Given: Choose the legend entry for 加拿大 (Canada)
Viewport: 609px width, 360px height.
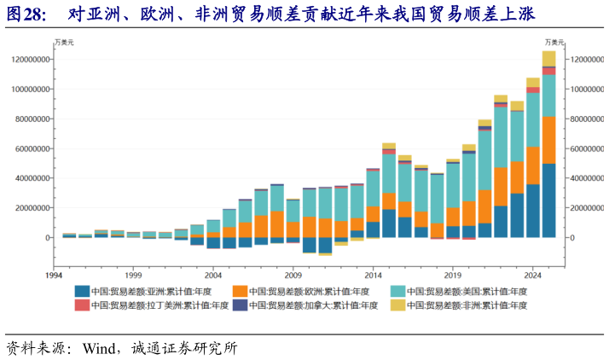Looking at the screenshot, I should [x=312, y=305].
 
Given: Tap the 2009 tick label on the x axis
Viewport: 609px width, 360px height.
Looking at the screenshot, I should [x=293, y=276].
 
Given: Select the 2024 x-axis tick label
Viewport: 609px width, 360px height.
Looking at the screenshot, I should [x=532, y=276].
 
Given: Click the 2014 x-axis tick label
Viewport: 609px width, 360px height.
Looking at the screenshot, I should [x=374, y=276].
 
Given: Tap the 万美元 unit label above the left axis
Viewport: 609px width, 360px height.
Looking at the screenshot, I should [x=63, y=42].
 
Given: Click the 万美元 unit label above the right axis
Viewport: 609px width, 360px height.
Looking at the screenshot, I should [x=555, y=42].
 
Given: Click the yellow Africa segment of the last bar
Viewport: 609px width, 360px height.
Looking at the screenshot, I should [x=548, y=58].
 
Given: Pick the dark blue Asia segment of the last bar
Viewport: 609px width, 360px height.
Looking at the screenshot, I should [x=548, y=200].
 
